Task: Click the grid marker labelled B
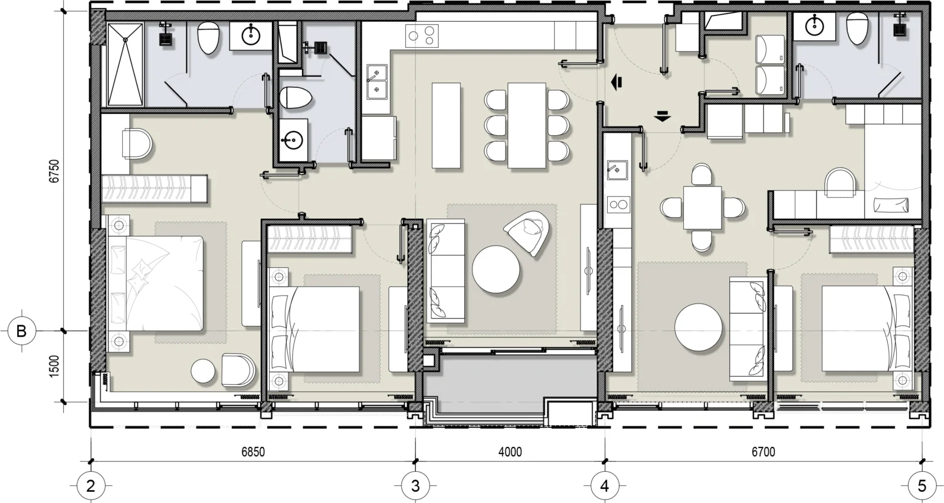pos(21,331)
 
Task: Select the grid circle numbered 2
pos(91,486)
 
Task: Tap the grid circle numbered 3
pos(415,486)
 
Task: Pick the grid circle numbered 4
pos(605,486)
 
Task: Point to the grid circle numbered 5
pos(922,486)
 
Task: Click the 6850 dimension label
pos(253,452)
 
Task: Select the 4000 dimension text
pos(510,452)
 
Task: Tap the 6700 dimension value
pos(763,452)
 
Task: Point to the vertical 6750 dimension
pos(54,171)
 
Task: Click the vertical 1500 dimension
pos(54,367)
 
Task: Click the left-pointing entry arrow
pos(617,82)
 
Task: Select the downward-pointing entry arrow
pos(663,116)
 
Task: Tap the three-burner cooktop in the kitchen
pos(422,36)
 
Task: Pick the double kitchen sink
pos(377,82)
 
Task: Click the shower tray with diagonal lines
pos(125,64)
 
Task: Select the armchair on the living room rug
pos(527,233)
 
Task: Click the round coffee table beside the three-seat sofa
pos(496,269)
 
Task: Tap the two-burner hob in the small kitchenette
pos(619,205)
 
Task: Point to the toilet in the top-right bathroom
pos(857,28)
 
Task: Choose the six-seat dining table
pos(527,125)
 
